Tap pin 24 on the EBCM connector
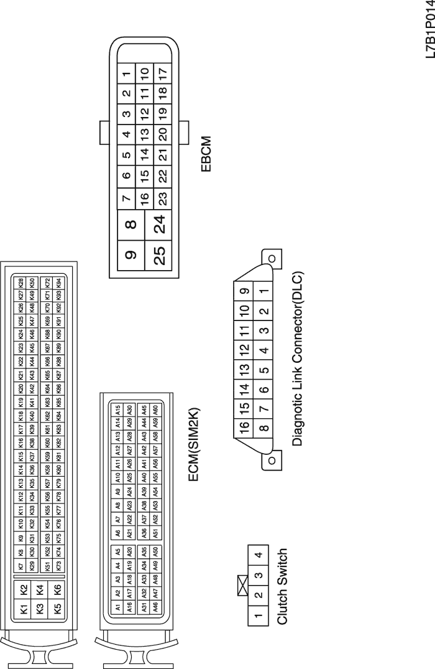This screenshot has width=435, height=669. [158, 225]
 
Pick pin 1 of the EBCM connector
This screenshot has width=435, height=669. [127, 74]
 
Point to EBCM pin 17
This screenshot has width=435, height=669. [163, 74]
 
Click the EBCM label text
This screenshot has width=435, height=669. [206, 154]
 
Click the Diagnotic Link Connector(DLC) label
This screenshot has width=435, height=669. [298, 359]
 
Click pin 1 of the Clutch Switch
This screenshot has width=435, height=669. [259, 615]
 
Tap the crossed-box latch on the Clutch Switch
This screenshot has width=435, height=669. [243, 586]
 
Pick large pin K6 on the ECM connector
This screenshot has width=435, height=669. [58, 589]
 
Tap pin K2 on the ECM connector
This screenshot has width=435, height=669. [24, 589]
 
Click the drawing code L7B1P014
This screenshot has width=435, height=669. [429, 30]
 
